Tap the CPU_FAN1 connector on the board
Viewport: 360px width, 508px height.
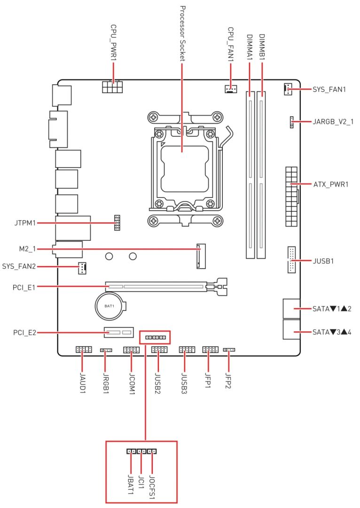[x=230, y=88]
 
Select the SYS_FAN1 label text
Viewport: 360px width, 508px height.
[x=329, y=89]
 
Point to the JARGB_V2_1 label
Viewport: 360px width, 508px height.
[x=333, y=122]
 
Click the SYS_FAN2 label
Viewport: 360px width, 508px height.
[x=19, y=267]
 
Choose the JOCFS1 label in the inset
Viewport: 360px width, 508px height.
[x=152, y=484]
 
